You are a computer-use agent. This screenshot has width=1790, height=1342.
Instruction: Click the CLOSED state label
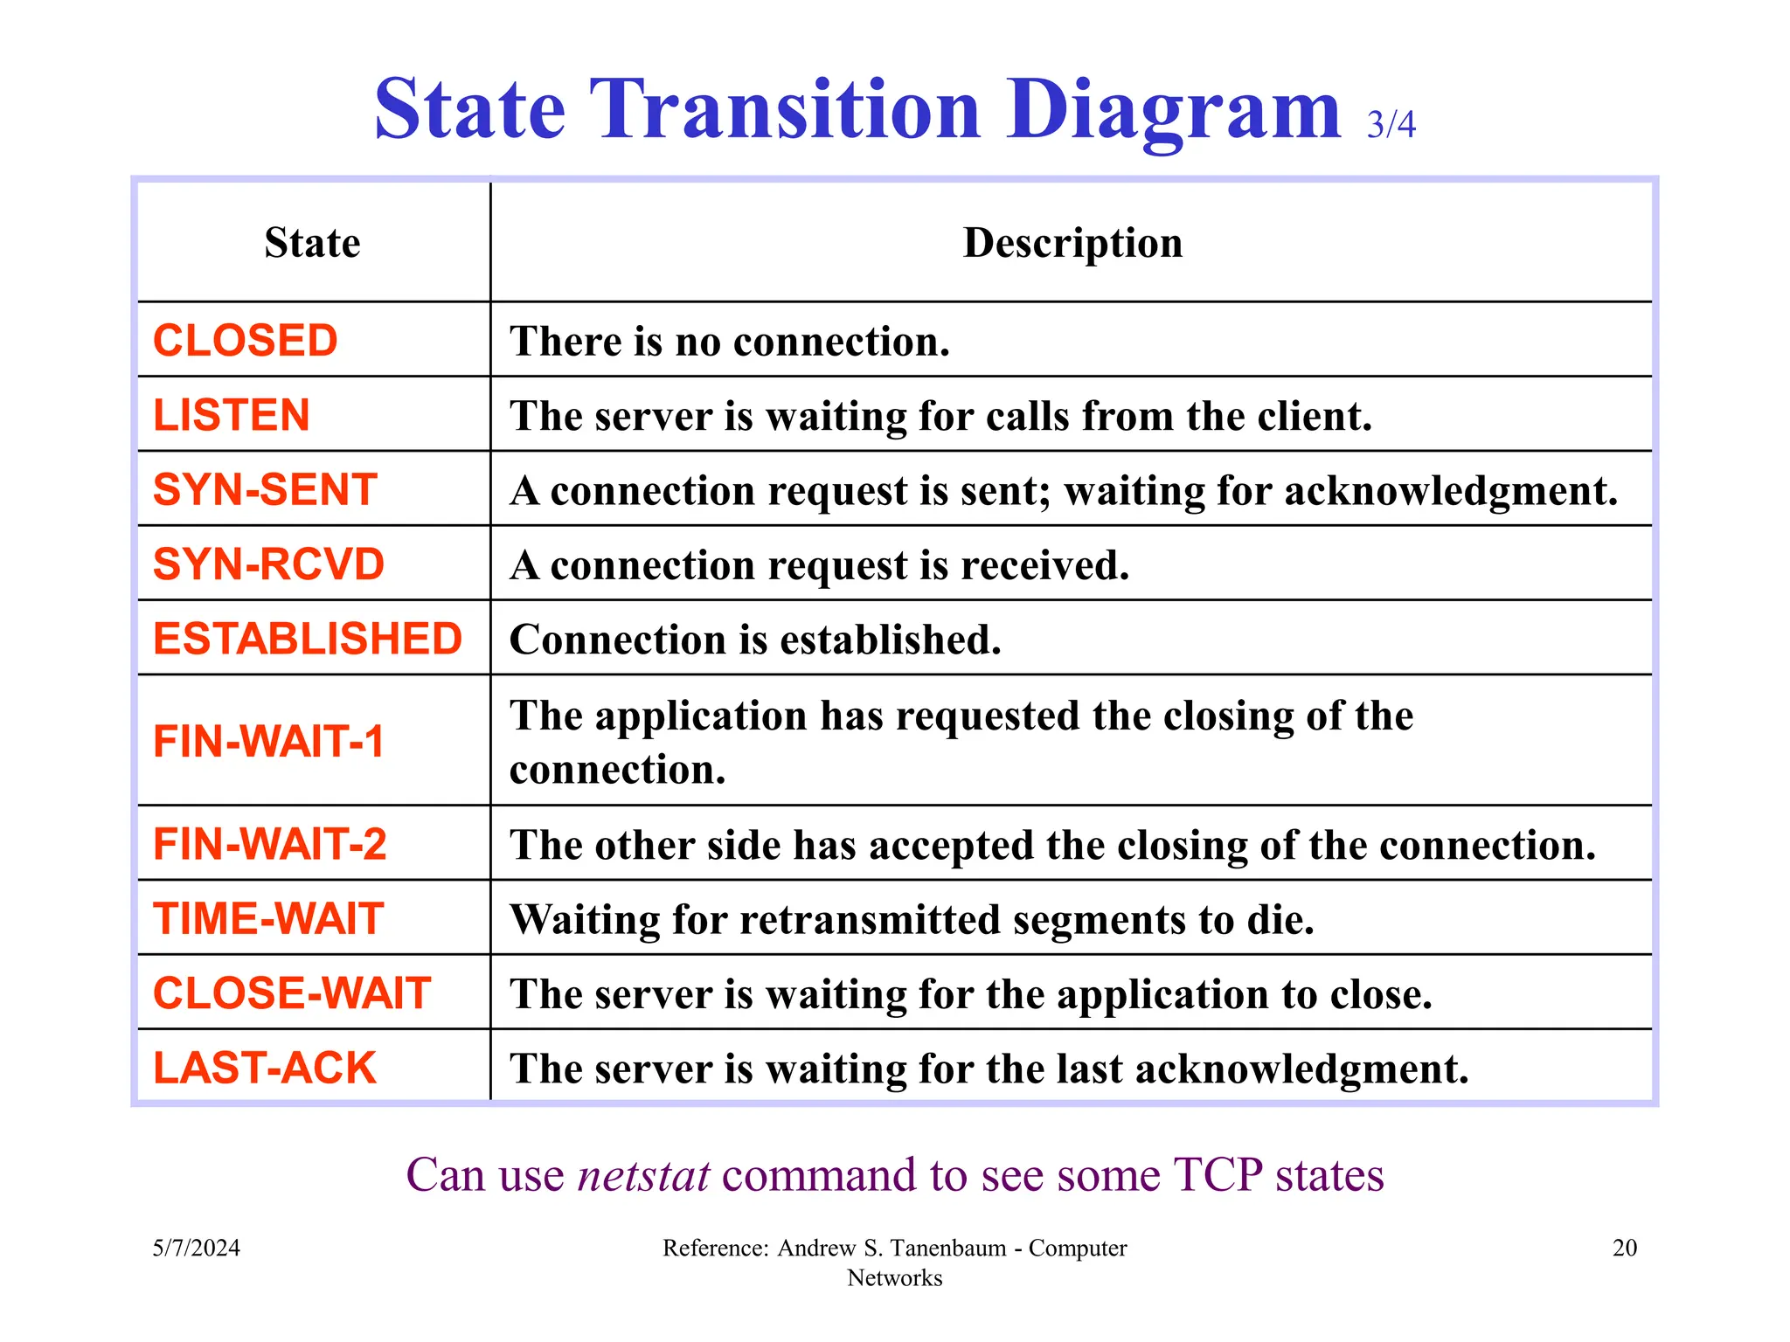click(x=245, y=341)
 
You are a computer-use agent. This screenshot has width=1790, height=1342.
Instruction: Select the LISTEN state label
click(x=232, y=415)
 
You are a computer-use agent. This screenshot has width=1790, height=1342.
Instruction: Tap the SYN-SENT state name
click(x=265, y=489)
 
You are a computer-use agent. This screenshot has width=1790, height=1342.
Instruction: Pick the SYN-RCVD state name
click(x=268, y=564)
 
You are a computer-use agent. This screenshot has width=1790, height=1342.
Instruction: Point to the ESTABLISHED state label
click(x=308, y=639)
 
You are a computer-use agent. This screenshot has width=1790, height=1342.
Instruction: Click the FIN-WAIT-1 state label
click(x=268, y=742)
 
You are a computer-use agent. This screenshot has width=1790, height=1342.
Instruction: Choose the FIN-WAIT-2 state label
click(x=269, y=844)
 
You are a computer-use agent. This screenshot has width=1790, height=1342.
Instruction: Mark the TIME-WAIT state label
click(x=268, y=919)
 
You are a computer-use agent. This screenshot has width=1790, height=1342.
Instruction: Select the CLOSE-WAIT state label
click(x=292, y=993)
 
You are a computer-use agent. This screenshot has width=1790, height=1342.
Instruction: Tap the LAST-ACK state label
click(x=264, y=1068)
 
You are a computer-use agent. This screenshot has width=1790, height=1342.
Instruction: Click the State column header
click(x=312, y=243)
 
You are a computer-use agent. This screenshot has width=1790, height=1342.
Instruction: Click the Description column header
click(x=1072, y=243)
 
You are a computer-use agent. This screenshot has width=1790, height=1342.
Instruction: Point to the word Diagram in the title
click(x=1173, y=111)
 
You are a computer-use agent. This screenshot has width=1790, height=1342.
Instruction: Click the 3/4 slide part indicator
click(x=1391, y=125)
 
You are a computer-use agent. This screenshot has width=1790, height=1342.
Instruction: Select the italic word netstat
click(x=644, y=1175)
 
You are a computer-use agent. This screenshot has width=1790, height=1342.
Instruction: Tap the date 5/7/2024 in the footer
click(x=197, y=1248)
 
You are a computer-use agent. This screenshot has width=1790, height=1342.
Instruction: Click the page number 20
click(x=1624, y=1248)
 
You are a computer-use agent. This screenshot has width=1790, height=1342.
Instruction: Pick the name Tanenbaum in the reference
click(x=948, y=1248)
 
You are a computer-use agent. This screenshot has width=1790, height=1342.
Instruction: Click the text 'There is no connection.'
click(x=730, y=341)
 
